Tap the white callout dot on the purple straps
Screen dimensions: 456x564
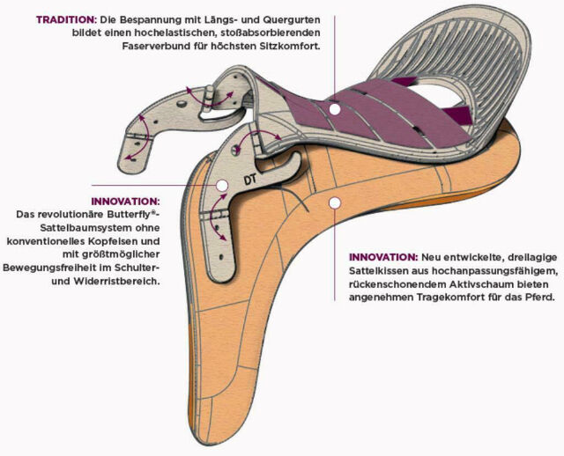[x=335, y=109]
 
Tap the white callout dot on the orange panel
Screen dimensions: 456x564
[x=334, y=202]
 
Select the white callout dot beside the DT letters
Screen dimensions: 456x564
[x=221, y=186]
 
